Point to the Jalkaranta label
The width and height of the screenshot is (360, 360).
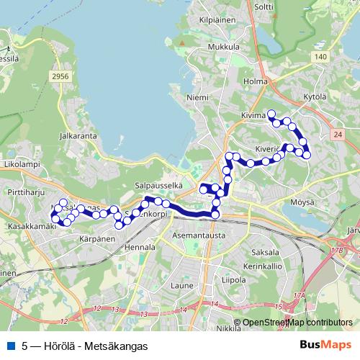coord(79,134)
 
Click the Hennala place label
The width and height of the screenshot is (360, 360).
coord(140,247)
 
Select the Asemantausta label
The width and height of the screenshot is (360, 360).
coord(200,235)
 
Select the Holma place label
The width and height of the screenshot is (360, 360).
coord(256,81)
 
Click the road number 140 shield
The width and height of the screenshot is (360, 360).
coord(320,56)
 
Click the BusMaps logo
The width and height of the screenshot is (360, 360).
coord(325,345)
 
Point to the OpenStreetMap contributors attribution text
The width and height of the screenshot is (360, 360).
coord(293,323)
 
